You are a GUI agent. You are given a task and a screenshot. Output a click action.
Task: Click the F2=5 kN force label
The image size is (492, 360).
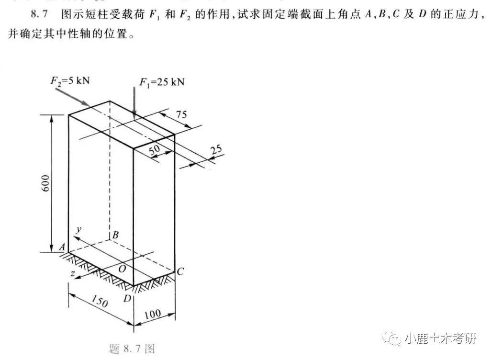click(70, 80)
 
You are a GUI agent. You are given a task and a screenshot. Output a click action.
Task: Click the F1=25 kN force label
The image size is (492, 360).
click(162, 82)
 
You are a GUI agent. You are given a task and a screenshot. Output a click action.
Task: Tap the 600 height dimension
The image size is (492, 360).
click(45, 183)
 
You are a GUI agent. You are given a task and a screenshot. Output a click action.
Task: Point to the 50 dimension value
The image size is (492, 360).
click(155, 150)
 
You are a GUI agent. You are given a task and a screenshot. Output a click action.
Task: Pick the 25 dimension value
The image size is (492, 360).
click(216, 150)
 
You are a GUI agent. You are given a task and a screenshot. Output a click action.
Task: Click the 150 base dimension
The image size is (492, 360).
click(100, 301)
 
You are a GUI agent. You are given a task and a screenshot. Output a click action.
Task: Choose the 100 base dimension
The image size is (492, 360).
click(153, 314)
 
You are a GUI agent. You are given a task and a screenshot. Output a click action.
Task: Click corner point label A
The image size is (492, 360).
click(62, 247)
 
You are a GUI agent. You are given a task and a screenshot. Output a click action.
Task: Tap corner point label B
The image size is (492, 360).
click(115, 235)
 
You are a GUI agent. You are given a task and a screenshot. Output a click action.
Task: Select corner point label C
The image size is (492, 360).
click(180, 271)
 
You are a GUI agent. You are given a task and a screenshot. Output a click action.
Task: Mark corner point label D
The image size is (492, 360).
click(127, 298)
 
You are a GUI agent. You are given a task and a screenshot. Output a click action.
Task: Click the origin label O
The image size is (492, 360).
click(122, 269)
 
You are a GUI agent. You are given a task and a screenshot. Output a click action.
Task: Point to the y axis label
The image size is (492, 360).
click(78, 230)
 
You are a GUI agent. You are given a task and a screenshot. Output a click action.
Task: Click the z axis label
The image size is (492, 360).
click(73, 273)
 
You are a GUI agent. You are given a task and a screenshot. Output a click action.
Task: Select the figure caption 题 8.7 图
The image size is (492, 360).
click(132, 349)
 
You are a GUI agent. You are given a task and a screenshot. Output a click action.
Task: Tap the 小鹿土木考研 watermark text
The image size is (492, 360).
click(440, 338)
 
